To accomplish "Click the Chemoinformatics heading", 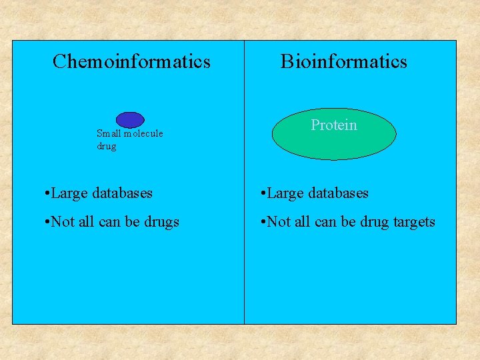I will tap(131, 62).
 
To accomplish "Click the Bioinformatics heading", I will tap(343, 62).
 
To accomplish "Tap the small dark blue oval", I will tap(130, 119).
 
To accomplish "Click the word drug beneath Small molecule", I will tap(106, 146).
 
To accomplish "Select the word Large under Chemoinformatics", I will tap(69, 193).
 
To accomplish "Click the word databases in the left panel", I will tap(122, 193).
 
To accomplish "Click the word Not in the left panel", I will tap(62, 222).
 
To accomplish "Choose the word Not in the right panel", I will tap(278, 222).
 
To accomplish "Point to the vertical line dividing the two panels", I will tap(245, 267).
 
